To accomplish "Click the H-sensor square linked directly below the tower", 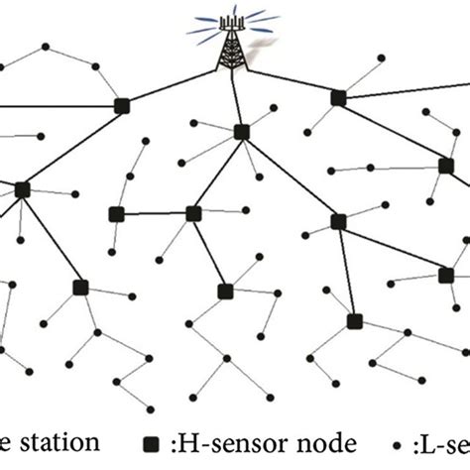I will [241, 132].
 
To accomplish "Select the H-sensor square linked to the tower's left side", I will [122, 105].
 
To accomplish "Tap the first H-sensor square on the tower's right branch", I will [337, 97].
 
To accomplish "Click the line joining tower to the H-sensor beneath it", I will [235, 99].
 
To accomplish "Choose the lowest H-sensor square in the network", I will [354, 321].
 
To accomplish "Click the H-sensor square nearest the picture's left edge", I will [22, 188].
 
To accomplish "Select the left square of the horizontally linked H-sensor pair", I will [116, 214].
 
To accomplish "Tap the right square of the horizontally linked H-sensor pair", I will [192, 213].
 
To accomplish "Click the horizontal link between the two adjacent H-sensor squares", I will [154, 213].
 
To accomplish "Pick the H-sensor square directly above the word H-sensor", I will [225, 292].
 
